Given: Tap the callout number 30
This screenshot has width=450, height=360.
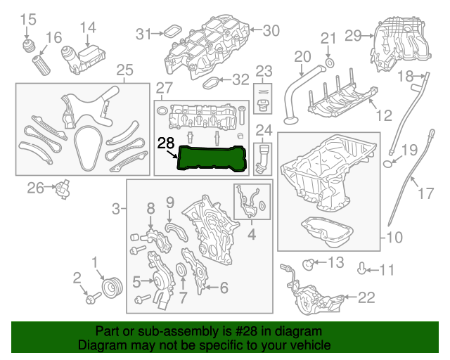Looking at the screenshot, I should (x=271, y=30).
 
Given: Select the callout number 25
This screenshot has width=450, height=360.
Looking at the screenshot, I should (x=124, y=70).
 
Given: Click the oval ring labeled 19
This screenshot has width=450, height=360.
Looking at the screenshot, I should (x=388, y=165).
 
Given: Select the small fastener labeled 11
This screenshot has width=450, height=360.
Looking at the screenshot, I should (x=363, y=268).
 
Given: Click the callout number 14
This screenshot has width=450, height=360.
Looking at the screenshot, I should (x=87, y=27).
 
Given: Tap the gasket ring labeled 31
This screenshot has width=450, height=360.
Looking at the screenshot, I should (x=170, y=32).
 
